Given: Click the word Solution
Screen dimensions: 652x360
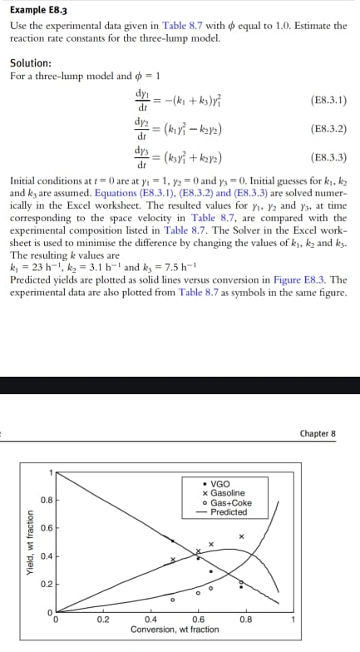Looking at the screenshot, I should [x=30, y=63].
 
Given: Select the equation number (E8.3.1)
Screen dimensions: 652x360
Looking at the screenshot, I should [x=327, y=99].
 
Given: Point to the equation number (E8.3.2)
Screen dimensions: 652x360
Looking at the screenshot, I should [x=327, y=128].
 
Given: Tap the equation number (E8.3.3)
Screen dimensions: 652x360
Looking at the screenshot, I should [x=327, y=156].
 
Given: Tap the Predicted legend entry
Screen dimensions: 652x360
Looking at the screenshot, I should [x=224, y=512].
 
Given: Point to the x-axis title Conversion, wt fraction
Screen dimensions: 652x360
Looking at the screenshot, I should [x=175, y=630].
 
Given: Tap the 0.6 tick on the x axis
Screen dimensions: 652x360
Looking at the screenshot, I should [x=198, y=619].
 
